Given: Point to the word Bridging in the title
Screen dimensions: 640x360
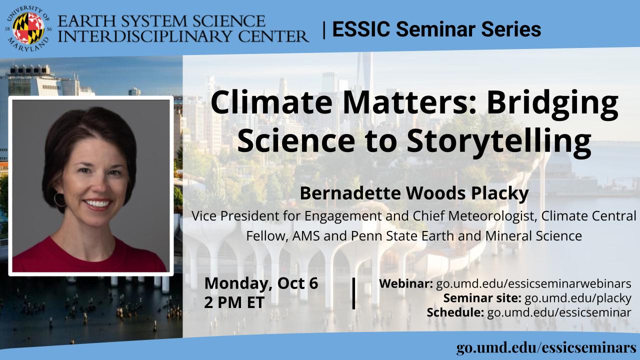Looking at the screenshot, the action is tap(553, 104).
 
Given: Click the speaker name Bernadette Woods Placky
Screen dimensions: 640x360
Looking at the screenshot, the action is tap(414, 193).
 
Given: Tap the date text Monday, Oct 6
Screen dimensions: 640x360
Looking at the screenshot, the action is tap(261, 283).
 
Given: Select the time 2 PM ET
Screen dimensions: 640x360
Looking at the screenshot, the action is tap(234, 302).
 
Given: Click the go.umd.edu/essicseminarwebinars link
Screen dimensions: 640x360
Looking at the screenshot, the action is tap(533, 283).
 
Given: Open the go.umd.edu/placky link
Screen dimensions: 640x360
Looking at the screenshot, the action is tap(577, 298).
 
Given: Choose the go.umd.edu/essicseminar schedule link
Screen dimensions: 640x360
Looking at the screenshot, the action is tap(559, 312).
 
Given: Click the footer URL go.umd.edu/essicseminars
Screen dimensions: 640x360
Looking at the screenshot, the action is tap(546, 348).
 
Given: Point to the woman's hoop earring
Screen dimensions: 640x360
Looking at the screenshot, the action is tap(59, 199).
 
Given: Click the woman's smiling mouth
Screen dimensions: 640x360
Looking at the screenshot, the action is tap(97, 204).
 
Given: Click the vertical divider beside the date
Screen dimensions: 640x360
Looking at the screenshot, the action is tap(353, 293).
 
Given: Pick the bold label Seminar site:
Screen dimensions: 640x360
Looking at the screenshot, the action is tap(482, 298).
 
